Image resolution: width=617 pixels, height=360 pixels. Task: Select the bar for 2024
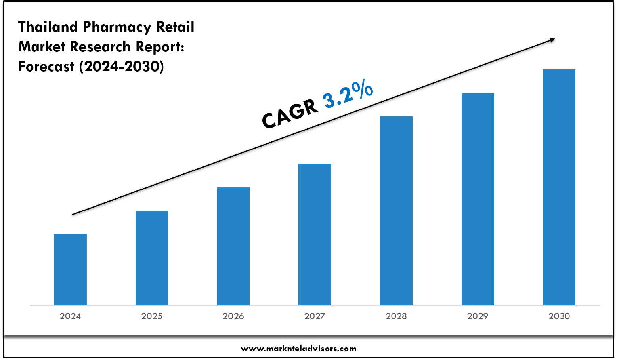coord(70,270)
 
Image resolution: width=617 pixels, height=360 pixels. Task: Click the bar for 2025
coord(152,258)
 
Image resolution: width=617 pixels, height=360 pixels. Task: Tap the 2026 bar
coord(233,246)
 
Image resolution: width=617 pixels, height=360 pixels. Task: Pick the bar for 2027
coord(315,234)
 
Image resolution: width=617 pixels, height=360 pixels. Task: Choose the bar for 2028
coord(396,211)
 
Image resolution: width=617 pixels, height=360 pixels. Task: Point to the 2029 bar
coord(478,199)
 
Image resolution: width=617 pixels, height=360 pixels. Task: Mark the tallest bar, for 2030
coord(559,187)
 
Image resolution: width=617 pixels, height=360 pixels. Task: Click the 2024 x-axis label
coord(70,316)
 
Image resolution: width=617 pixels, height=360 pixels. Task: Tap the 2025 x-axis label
coord(152,316)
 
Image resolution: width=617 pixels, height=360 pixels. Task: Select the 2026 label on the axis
coord(233,316)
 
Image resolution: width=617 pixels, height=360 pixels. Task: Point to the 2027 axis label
coord(315,316)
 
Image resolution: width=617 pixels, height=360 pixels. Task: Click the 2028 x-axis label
coord(396,316)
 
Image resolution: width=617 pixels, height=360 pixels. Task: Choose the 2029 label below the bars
coord(478,316)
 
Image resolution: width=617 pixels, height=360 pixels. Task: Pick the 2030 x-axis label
coord(559,316)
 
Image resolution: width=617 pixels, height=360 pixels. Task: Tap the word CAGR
coord(290,114)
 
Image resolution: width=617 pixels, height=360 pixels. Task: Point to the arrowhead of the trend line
coord(552,39)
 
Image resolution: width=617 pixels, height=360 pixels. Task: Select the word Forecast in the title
coord(46,67)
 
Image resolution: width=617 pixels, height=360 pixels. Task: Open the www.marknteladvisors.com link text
coord(299,349)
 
